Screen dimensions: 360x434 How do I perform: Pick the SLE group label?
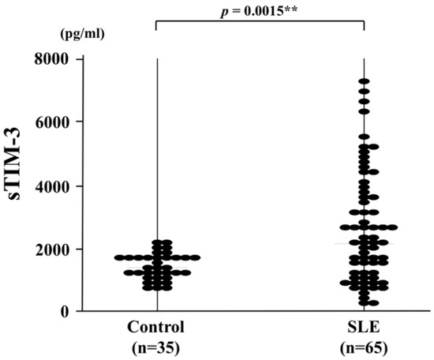(x=364, y=327)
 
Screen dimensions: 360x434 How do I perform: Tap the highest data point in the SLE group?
(x=364, y=81)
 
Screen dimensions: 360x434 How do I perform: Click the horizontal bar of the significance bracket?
(x=260, y=21)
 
